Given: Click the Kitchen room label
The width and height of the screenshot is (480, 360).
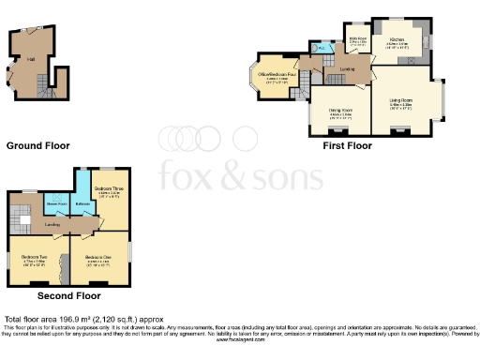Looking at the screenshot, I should coord(397,40).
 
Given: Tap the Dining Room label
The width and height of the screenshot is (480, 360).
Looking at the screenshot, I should coord(339,112).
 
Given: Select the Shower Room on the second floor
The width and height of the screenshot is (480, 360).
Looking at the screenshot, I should coord(58,209).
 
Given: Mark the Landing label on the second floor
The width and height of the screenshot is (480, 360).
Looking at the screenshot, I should coord(52,225).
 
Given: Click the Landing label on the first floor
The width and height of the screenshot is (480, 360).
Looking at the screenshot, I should coord(347,68).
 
